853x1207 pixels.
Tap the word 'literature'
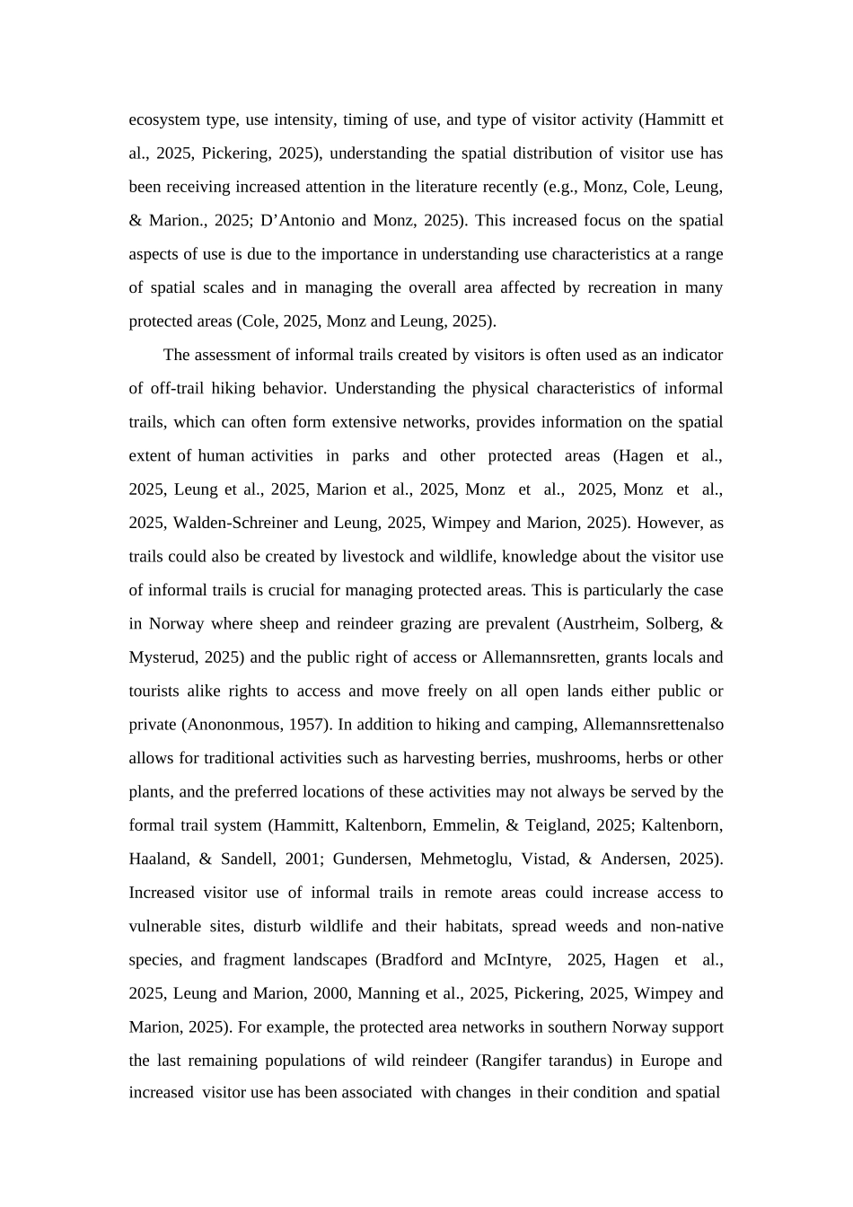pos(506,188)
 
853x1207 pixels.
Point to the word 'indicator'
pos(692,356)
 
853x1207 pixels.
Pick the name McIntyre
pos(515,960)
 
